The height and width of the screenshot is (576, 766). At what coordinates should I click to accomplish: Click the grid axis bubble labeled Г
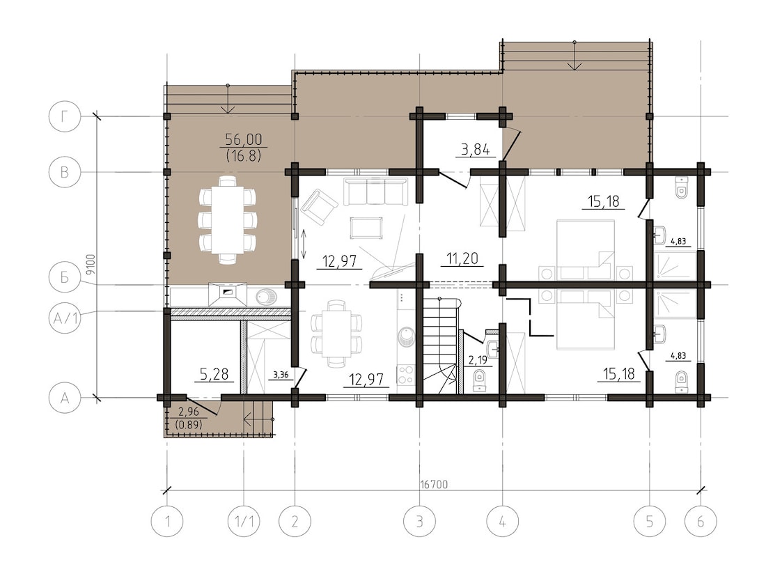[65, 118]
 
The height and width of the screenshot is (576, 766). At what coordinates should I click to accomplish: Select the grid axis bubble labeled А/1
[65, 320]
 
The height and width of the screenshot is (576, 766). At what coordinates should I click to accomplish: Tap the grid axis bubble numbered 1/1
[244, 521]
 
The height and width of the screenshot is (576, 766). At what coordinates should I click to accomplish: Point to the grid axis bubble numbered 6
[701, 521]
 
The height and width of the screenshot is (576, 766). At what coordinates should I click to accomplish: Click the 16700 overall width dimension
[434, 485]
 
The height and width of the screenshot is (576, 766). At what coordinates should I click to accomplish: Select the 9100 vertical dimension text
[89, 264]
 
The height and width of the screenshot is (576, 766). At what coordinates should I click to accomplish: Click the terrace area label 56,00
[243, 140]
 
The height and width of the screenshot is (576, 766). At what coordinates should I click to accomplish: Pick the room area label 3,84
[476, 150]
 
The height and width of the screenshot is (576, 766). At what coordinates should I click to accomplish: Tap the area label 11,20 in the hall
[462, 258]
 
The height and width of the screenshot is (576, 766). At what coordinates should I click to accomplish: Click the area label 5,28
[214, 374]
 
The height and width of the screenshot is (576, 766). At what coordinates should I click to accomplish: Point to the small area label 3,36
[281, 375]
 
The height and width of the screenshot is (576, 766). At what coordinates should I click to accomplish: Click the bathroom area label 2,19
[478, 361]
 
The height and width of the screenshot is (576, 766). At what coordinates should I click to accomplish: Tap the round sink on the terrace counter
[265, 297]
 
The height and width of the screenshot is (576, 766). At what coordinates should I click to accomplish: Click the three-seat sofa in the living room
[375, 192]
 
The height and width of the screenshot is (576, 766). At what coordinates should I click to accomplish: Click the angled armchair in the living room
[319, 208]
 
